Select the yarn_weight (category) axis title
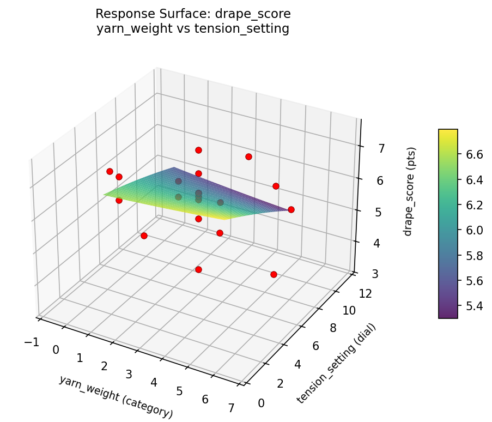pos(116,397)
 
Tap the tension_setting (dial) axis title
pos(336,363)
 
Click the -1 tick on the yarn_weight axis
pos(31,341)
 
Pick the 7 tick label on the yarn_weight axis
pos(232,409)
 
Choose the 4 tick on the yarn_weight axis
pos(154,383)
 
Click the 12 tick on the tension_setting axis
pos(366,294)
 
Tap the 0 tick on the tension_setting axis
pos(262,403)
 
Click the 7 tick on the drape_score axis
pos(381,148)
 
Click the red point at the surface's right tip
pos(291,209)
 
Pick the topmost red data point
pos(198,150)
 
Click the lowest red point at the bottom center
pos(198,269)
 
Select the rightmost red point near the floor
pos(274,274)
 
